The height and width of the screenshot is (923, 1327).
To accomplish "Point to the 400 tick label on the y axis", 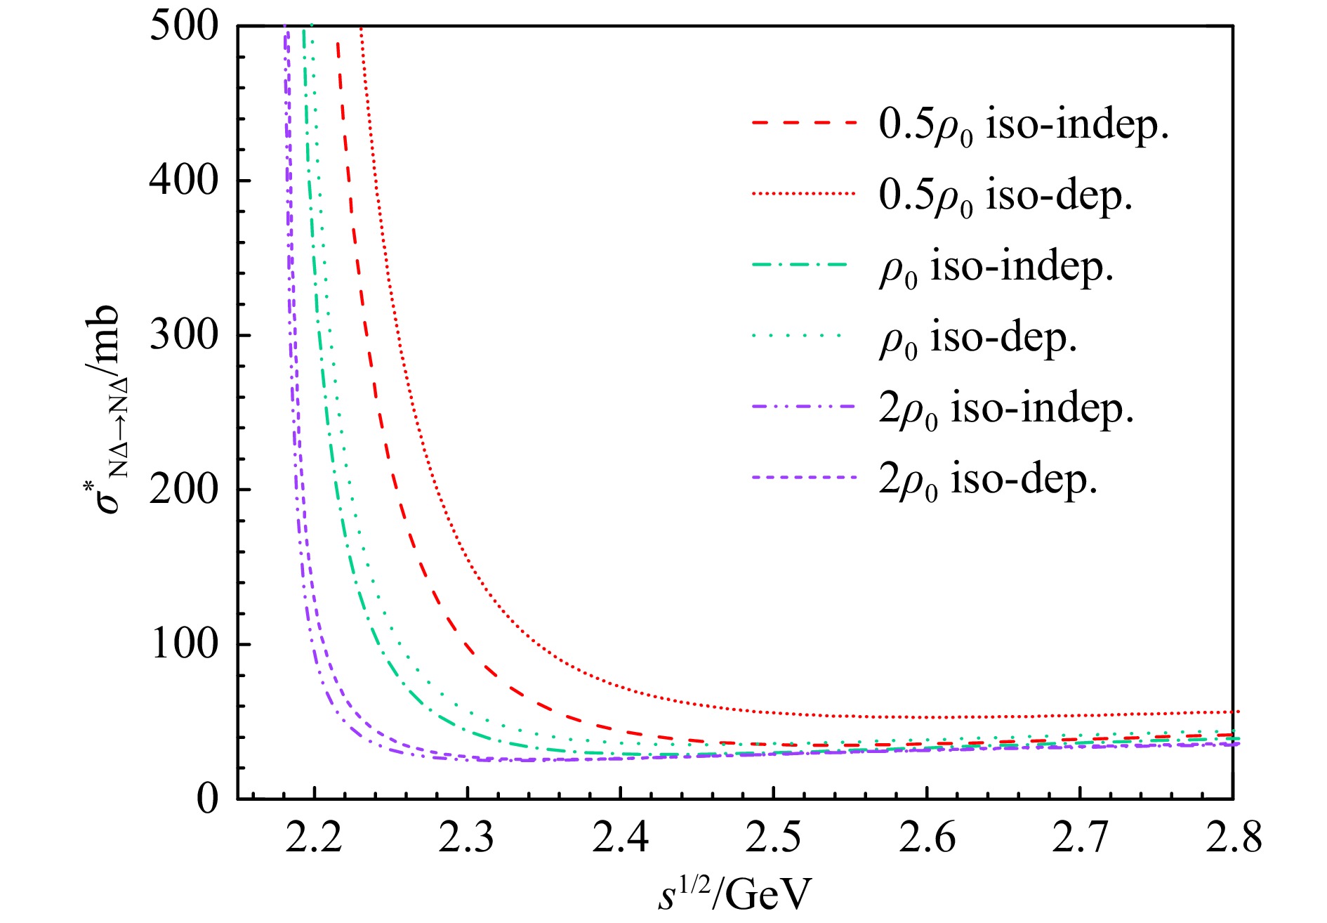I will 184,181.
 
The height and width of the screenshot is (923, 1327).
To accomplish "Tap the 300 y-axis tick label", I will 184,335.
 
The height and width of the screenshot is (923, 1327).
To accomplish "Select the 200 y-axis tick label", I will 184,490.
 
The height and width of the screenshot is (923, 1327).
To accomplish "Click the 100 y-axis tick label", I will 184,644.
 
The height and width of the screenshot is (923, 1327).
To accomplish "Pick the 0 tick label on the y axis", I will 208,799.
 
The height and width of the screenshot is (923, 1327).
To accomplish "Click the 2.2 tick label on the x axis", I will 314,838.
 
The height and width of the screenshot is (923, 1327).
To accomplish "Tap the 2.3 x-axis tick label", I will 467,838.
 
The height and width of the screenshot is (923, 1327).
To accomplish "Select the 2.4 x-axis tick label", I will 621,838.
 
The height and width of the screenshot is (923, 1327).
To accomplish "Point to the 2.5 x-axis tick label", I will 774,838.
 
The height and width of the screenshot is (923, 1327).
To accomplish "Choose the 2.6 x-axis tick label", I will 927,838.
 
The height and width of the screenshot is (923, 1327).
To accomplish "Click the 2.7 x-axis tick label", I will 1080,838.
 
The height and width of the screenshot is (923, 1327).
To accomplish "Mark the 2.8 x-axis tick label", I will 1234,838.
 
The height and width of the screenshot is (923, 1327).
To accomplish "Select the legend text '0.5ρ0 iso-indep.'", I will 1023,125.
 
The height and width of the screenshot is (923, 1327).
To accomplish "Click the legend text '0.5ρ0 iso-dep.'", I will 1005,195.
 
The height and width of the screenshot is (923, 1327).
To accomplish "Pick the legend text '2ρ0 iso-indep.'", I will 1006,408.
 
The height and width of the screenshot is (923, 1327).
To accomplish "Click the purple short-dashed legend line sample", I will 803,478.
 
